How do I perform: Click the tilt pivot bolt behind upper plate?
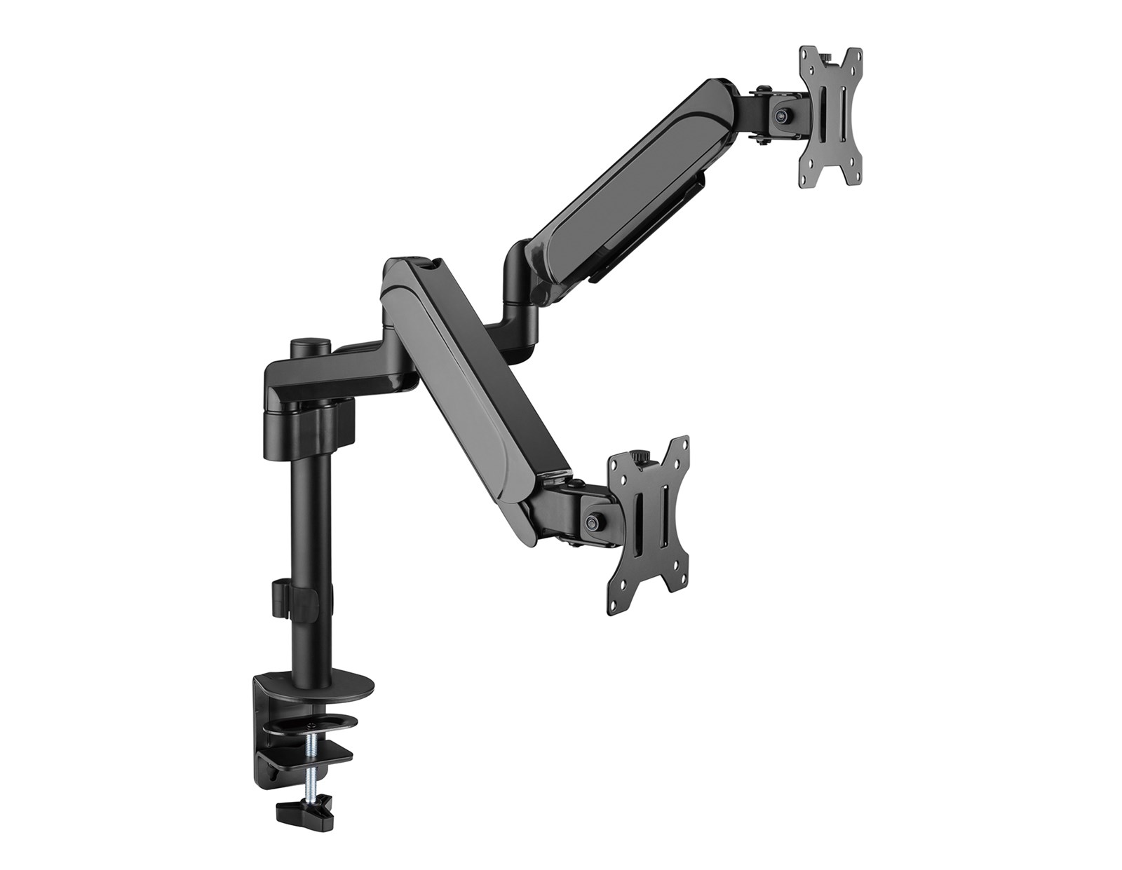click(x=780, y=111)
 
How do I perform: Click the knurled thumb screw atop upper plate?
click(x=825, y=53)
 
